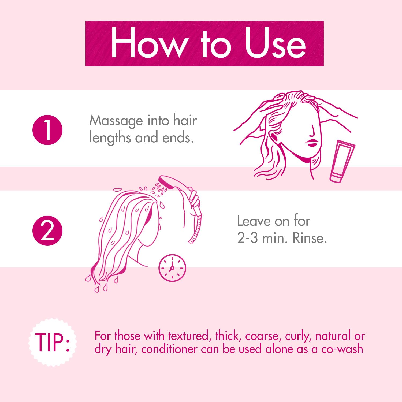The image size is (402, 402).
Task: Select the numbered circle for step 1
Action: point(47,130)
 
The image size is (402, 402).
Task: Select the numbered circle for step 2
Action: point(47,231)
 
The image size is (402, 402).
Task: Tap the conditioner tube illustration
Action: point(342,161)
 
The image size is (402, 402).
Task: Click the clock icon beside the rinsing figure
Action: point(172,268)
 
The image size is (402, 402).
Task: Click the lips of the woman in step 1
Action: point(312,143)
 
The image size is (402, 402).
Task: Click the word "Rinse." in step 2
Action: point(310,238)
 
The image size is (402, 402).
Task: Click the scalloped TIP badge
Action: point(52,342)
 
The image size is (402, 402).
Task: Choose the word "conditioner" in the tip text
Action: point(169,349)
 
